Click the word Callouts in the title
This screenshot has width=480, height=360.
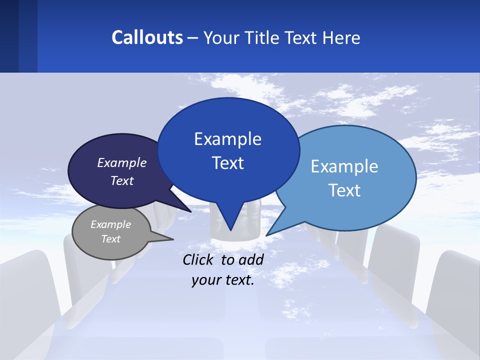[x=147, y=37]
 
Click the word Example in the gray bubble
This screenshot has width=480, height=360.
[x=110, y=224]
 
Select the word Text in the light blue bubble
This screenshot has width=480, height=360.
[x=344, y=190]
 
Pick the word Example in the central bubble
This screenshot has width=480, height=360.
[x=227, y=139]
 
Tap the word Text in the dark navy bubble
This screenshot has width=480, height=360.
[x=122, y=180]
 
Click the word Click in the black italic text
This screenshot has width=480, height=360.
[x=198, y=259]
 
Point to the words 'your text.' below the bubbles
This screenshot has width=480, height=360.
[x=223, y=280]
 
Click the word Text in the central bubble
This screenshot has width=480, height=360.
[x=227, y=163]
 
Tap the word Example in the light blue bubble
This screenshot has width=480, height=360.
[x=344, y=166]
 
